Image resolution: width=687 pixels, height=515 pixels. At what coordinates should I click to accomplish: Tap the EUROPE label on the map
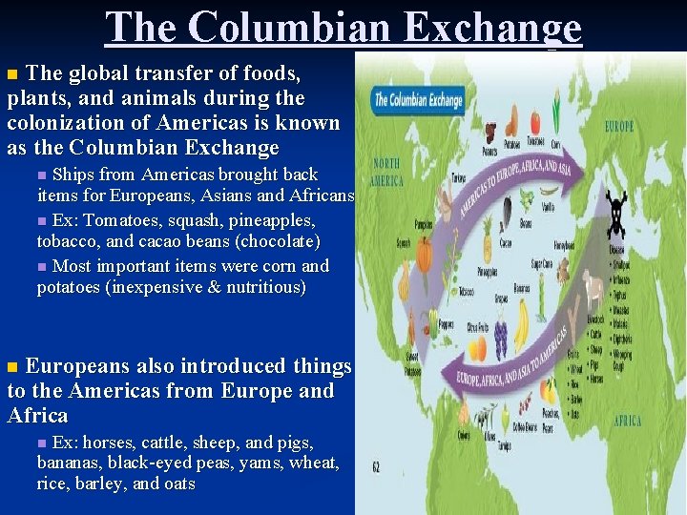[x=618, y=126]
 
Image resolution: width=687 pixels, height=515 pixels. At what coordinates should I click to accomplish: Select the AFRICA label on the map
[x=627, y=421]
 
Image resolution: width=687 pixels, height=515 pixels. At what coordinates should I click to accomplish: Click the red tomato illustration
[x=534, y=122]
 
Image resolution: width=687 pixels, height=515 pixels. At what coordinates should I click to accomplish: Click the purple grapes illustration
[x=500, y=339]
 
